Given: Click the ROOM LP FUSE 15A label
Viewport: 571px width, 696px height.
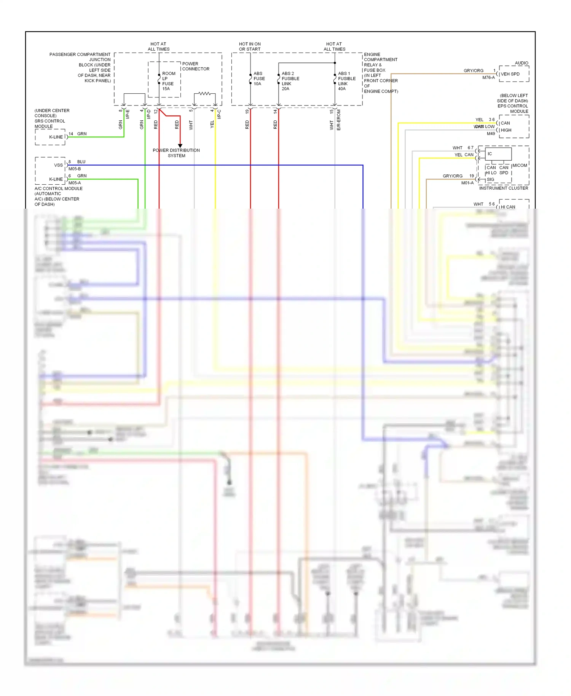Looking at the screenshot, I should point(168,81).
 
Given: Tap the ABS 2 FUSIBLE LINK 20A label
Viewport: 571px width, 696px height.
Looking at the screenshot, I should point(290,81).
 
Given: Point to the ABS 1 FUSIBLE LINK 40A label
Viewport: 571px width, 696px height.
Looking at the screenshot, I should point(346,81).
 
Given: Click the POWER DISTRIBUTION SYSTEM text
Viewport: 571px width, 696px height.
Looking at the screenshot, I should point(176,153).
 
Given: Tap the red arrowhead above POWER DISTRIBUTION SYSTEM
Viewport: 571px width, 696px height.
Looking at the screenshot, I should point(180,146).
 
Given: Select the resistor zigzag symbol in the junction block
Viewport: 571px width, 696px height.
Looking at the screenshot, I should point(204,93).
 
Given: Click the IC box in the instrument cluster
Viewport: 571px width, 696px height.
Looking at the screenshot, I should point(498,154).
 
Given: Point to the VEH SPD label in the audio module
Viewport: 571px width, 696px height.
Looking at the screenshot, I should point(510,74).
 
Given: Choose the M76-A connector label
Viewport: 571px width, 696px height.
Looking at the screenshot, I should point(488,78).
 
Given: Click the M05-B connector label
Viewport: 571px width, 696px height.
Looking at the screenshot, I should point(75,169).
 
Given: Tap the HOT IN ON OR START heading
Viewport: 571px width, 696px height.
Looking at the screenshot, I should point(250,47).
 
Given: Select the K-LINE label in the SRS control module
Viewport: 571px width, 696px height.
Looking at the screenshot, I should point(56,137).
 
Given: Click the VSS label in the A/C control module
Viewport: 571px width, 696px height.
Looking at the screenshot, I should point(58,165).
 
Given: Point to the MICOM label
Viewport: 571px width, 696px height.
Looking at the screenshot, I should point(520,166).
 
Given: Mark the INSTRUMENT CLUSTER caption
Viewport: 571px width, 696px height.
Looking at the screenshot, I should point(503,188).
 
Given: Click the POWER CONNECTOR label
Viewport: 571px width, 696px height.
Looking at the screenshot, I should point(196,67).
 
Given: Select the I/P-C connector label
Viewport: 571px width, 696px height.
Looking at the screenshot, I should point(219,114).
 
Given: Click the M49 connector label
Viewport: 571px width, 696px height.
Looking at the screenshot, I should point(491,134).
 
